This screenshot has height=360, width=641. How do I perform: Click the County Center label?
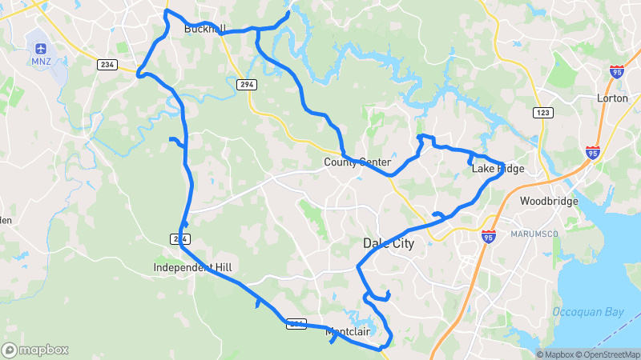click(x=357, y=162)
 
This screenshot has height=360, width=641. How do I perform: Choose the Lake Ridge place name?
click(x=498, y=169)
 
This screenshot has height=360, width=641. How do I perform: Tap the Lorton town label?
click(x=613, y=98)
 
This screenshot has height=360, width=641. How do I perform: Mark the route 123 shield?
click(x=544, y=113)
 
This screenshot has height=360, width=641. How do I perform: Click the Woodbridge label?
click(x=549, y=202)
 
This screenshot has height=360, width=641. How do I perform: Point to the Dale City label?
click(x=389, y=243)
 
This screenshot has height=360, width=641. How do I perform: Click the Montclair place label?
click(x=347, y=331)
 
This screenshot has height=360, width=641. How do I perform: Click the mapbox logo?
click(x=34, y=350)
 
